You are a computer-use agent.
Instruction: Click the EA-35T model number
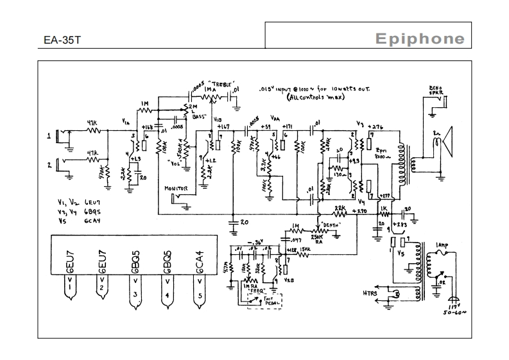62,40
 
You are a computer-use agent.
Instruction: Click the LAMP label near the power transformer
442,246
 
